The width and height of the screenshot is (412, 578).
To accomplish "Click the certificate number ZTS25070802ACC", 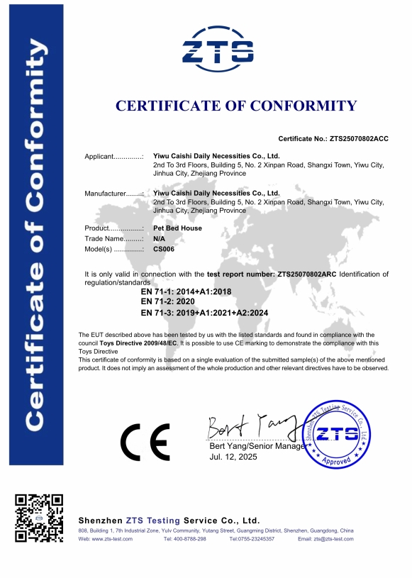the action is [x=353, y=138].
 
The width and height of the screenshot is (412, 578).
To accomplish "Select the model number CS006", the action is [x=164, y=250].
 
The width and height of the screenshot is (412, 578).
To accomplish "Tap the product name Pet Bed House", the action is [x=177, y=228].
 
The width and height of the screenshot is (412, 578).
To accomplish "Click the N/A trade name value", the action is [x=159, y=239].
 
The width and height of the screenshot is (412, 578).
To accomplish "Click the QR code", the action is [x=40, y=518].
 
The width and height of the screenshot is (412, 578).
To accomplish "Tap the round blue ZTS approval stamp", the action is [x=338, y=433].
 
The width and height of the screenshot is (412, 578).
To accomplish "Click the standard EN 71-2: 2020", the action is [x=174, y=301].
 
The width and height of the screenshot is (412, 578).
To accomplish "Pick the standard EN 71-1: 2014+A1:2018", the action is [x=186, y=291].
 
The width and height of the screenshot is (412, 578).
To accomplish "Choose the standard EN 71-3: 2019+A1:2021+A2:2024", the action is [x=205, y=312].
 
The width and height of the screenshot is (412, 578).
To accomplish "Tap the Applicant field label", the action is [x=113, y=155].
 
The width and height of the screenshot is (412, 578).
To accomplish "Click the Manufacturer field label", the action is [x=114, y=193].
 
